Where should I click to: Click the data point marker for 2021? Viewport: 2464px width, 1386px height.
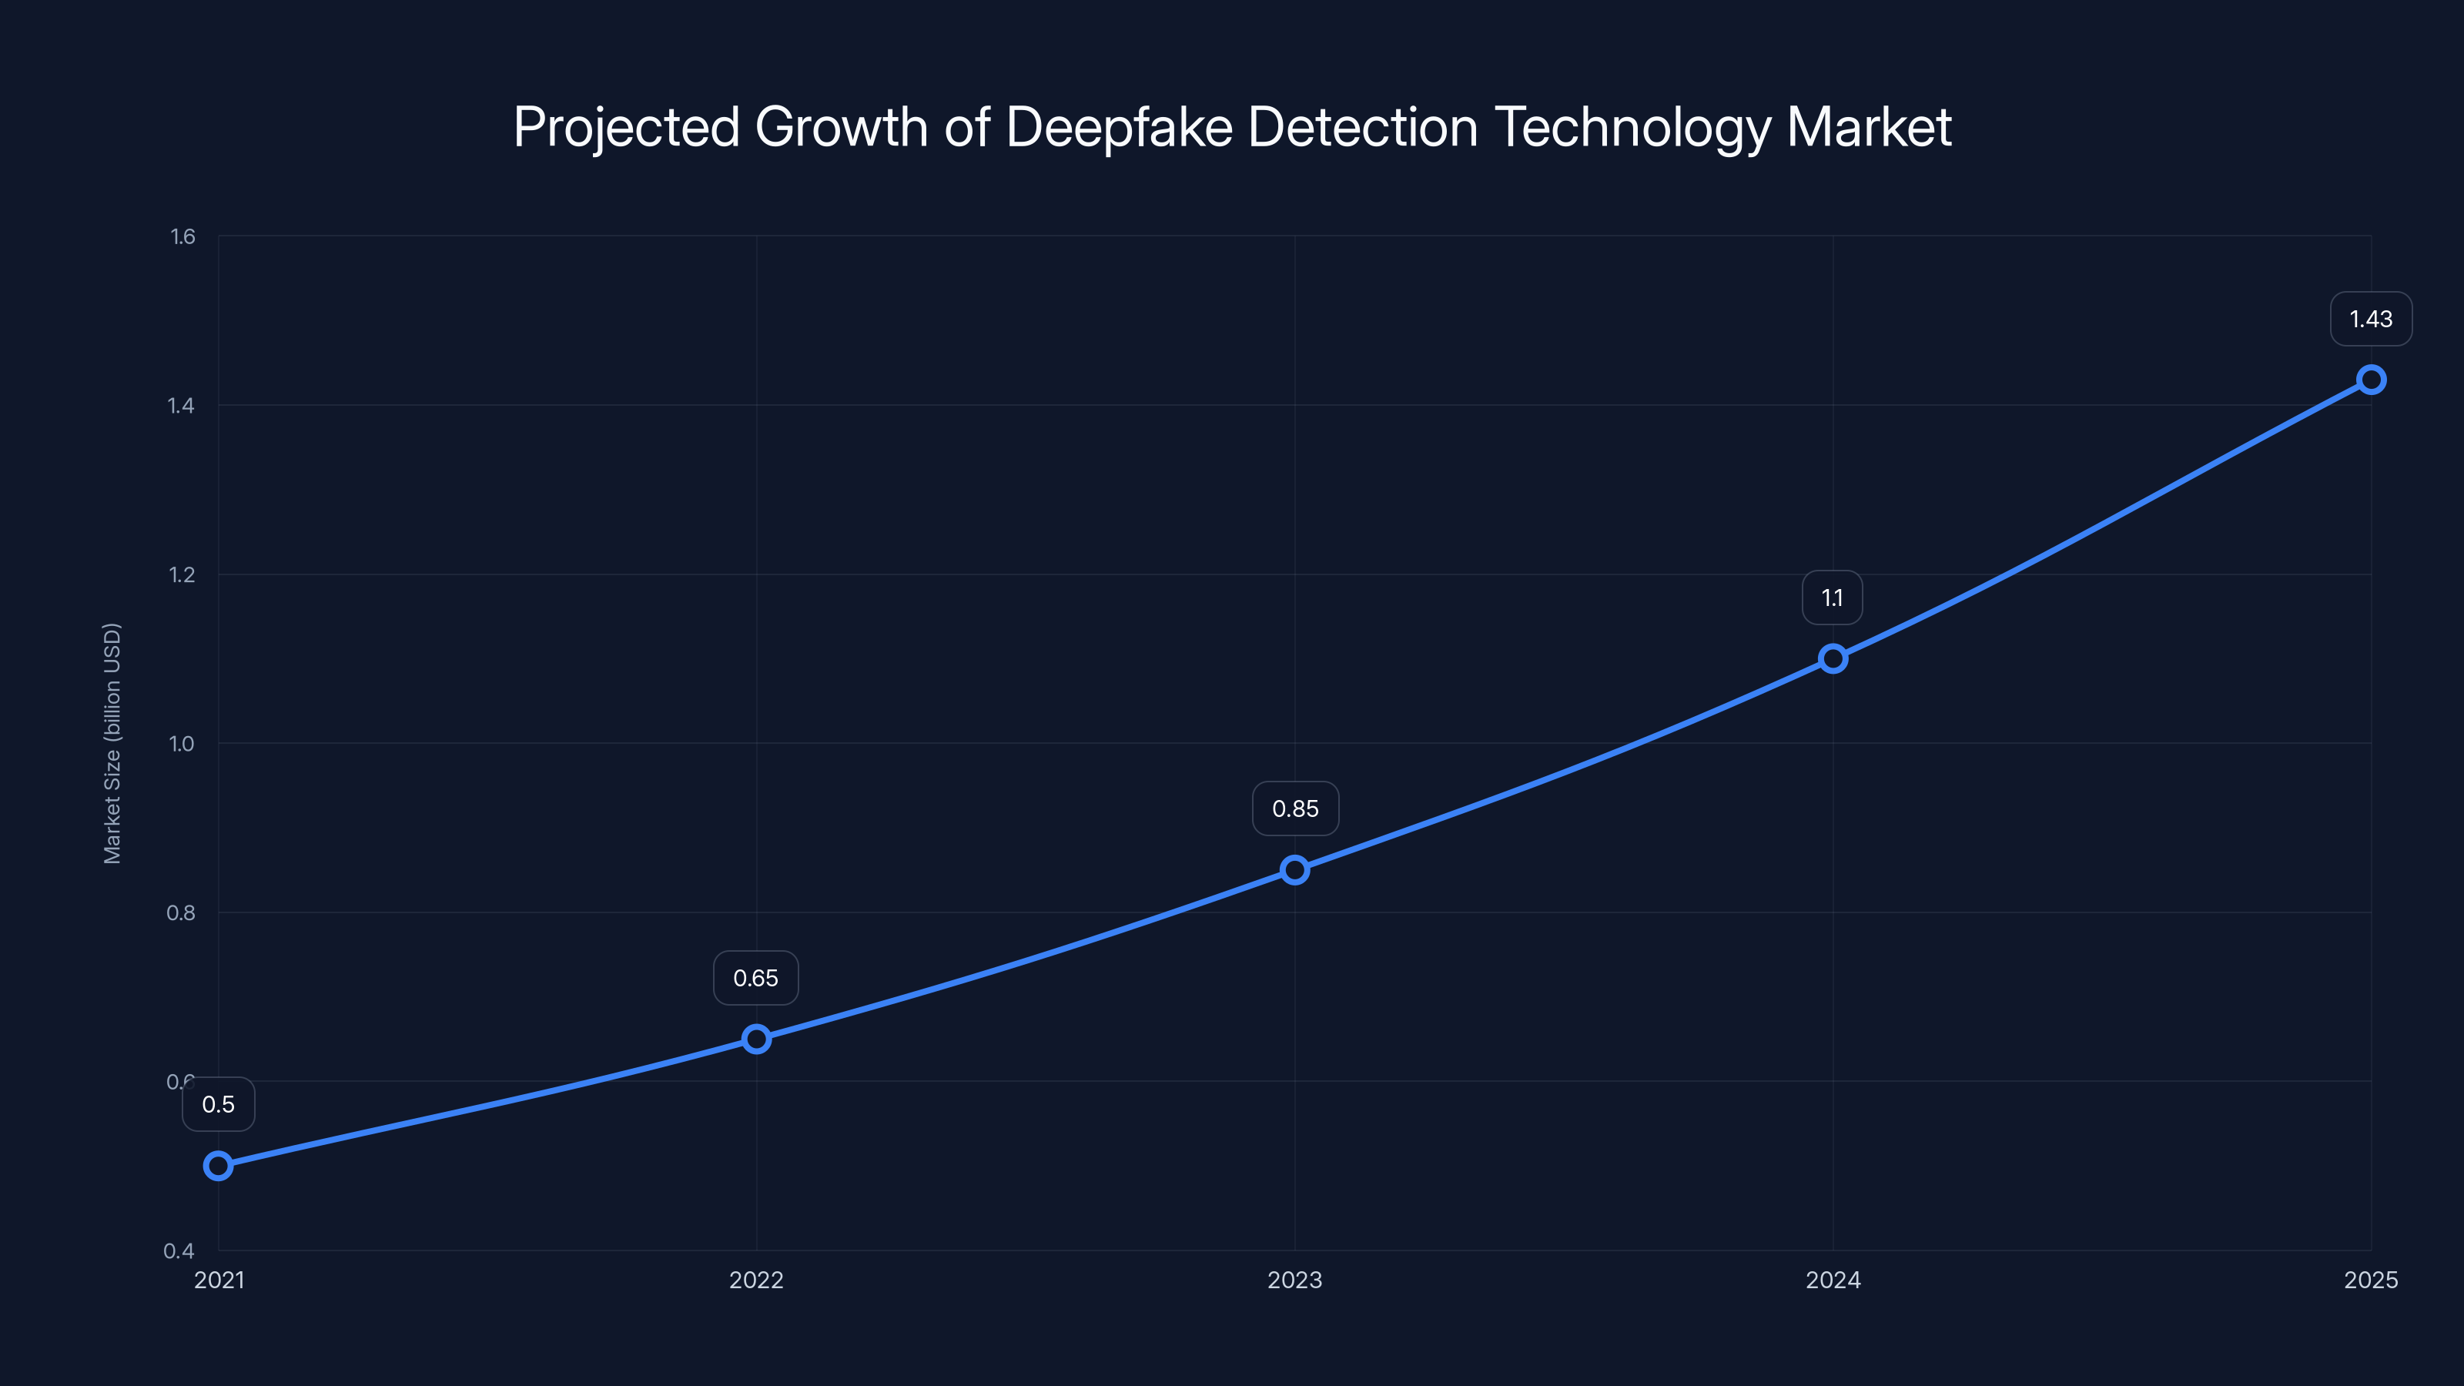pos(218,1166)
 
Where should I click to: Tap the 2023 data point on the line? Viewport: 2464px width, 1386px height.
pos(1295,869)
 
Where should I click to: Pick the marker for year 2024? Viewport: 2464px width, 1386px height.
pos(1833,658)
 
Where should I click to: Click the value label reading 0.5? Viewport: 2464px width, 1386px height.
pos(218,1105)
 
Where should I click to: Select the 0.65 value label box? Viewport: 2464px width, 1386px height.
pos(755,979)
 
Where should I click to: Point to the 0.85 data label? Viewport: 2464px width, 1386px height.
pos(1295,809)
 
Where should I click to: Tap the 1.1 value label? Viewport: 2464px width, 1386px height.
pos(1832,598)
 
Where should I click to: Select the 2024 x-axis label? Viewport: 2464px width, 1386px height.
pos(1833,1280)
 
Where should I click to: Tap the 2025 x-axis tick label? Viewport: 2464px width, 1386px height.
pos(2370,1280)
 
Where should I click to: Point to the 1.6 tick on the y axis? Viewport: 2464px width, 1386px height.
pos(182,237)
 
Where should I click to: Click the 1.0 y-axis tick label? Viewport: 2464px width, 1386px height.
pos(182,744)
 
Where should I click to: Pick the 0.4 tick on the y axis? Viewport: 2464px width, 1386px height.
pos(179,1251)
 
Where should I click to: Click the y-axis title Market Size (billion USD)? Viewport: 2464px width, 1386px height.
pos(112,743)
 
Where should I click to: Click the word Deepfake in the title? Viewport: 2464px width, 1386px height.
pos(1119,127)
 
